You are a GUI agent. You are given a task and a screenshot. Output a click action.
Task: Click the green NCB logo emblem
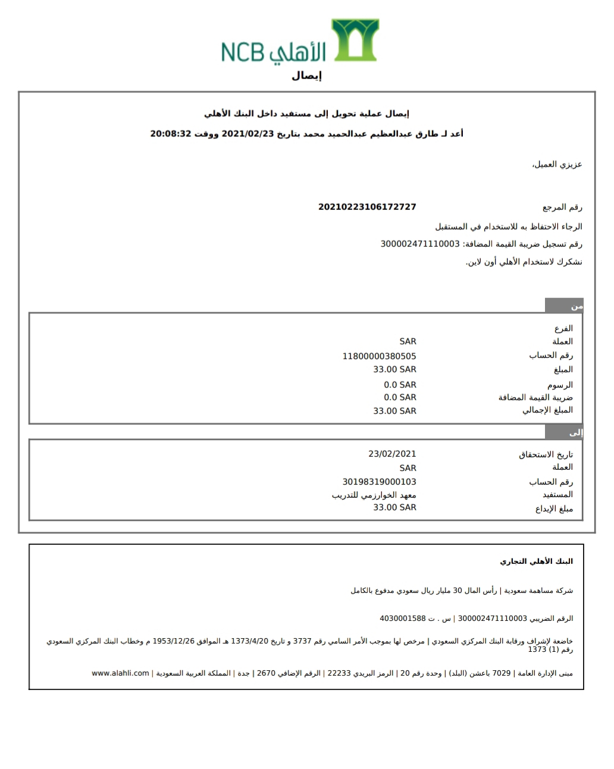click(x=355, y=40)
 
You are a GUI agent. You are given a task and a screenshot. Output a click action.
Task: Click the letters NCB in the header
click(x=242, y=52)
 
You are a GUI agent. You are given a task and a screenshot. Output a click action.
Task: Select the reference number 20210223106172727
click(x=367, y=207)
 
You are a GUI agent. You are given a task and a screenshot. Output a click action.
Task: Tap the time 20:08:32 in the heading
click(x=170, y=134)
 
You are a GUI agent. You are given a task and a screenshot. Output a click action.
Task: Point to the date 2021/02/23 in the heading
click(x=248, y=134)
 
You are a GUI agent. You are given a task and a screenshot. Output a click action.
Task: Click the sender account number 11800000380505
click(x=379, y=356)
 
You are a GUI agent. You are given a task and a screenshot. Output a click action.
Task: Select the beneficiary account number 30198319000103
click(x=379, y=482)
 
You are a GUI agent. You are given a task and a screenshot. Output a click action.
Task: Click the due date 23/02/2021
click(x=392, y=454)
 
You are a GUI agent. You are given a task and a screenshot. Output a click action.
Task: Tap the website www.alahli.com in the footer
click(x=120, y=673)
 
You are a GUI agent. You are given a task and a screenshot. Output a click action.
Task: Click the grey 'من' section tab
click(x=564, y=306)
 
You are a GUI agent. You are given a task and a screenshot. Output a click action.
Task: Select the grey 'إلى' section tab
click(x=564, y=432)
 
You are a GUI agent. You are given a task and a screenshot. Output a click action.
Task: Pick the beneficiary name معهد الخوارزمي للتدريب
click(x=374, y=495)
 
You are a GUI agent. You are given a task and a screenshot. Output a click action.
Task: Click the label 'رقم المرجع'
click(x=562, y=208)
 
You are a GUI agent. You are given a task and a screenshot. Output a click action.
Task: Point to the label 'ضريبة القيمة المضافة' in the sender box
click(x=535, y=397)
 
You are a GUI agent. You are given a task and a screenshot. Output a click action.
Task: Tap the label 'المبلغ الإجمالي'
click(x=547, y=410)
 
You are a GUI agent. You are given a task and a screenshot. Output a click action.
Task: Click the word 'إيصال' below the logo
click(x=306, y=76)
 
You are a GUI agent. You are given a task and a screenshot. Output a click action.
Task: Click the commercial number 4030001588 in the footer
click(x=403, y=619)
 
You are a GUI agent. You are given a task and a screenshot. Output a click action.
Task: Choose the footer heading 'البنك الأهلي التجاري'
click(x=536, y=561)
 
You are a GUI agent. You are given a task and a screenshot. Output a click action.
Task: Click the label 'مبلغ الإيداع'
click(x=554, y=509)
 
